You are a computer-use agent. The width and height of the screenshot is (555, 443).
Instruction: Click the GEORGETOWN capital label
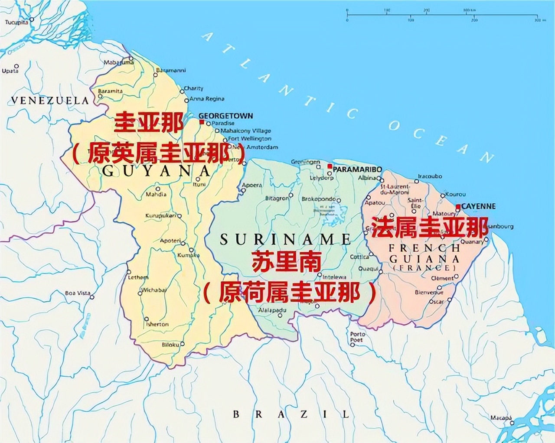coord(225,116)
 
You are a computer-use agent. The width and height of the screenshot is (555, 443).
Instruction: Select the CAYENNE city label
coord(478,206)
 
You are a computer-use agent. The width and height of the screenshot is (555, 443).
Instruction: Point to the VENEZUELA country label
coord(49,101)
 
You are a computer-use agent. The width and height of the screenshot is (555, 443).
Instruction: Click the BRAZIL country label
coord(291,414)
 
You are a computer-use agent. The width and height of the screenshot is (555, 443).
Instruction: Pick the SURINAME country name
coord(285,239)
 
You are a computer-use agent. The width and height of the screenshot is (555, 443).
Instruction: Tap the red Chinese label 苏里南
coord(287,262)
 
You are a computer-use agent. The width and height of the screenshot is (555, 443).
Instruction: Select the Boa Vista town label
coord(78,293)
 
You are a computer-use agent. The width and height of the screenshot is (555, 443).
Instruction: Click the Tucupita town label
coord(16,22)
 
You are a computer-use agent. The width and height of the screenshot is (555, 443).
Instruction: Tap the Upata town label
coord(10,71)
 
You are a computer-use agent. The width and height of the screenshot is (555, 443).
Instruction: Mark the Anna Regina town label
coord(207,99)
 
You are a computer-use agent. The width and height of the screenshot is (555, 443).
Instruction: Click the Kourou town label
coord(455,195)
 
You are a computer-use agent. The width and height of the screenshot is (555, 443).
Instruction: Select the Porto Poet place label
coord(358,337)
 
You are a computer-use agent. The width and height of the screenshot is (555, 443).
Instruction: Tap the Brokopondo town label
coord(319,199)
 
